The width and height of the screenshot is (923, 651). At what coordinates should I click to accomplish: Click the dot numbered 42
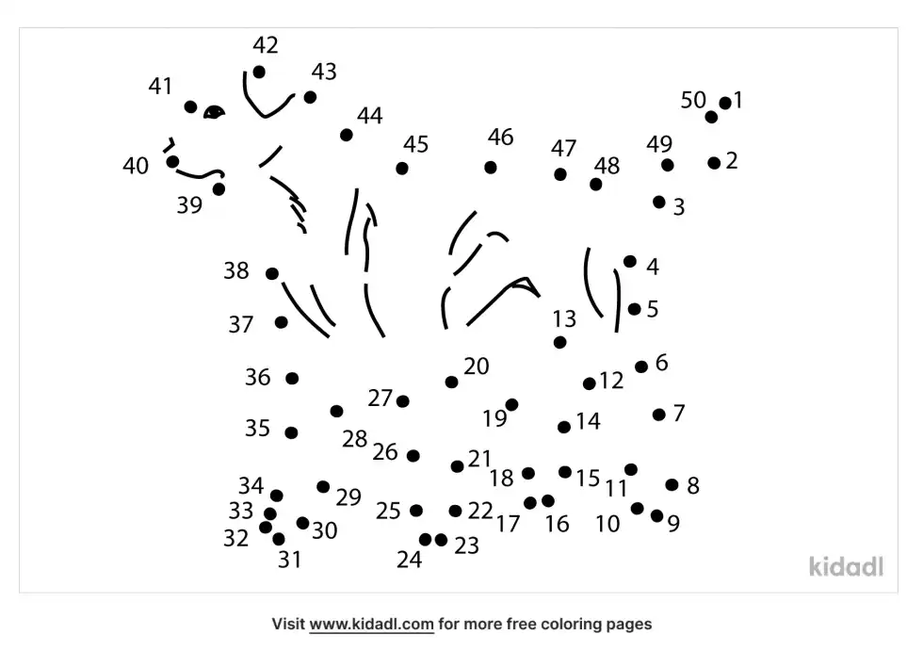click(x=259, y=72)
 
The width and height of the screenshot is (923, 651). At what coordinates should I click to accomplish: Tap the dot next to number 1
click(x=725, y=103)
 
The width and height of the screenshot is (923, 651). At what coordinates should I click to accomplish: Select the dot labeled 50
click(x=711, y=117)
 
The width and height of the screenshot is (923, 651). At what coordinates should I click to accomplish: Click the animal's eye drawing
click(x=215, y=112)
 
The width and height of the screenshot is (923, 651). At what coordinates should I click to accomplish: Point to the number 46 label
click(x=500, y=138)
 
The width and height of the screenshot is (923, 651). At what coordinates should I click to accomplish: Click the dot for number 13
click(x=559, y=342)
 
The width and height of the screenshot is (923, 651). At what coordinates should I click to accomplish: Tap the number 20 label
click(x=477, y=366)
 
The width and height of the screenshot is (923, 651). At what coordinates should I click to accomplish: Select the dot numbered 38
click(x=272, y=274)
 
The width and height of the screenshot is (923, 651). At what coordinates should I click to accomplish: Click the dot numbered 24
click(x=425, y=539)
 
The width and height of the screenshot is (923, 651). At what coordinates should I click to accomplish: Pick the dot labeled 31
click(x=279, y=539)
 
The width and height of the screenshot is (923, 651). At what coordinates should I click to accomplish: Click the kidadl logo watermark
click(x=846, y=566)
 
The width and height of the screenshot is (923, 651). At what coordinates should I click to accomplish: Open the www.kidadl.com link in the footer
click(x=371, y=624)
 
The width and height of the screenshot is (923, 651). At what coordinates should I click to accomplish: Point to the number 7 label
click(x=679, y=414)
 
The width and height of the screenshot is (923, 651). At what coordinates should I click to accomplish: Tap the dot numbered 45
click(x=402, y=169)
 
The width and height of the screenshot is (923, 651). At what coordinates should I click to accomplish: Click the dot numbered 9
click(x=657, y=515)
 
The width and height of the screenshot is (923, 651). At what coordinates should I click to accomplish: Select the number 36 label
click(x=258, y=377)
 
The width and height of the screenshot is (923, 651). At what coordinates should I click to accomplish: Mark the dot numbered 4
click(x=630, y=261)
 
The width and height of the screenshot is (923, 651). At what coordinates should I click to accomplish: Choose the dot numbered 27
click(x=403, y=401)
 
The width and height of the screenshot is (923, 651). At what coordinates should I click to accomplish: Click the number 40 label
click(x=136, y=166)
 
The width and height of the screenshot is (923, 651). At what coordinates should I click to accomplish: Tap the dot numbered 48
click(x=595, y=185)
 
